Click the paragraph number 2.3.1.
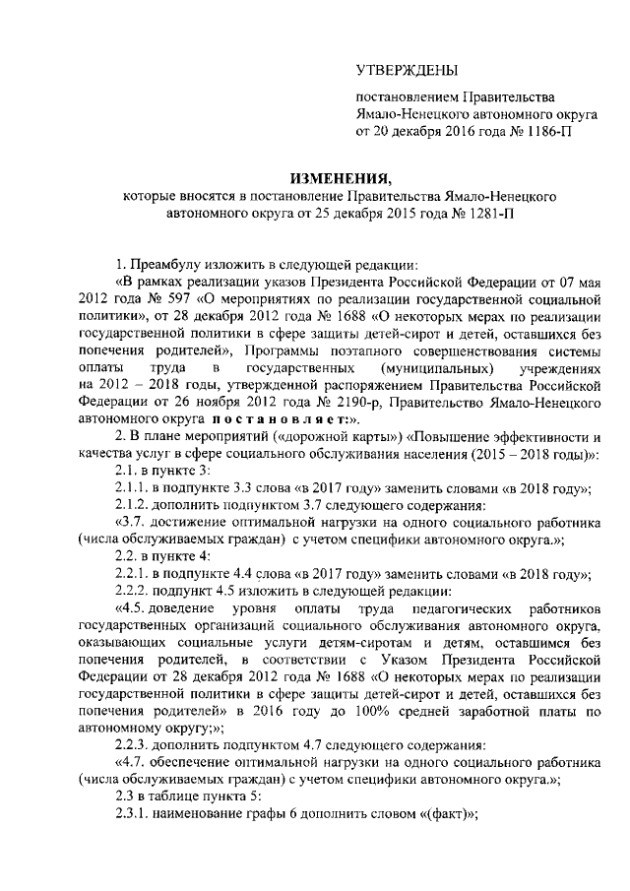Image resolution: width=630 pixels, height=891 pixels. tap(132, 832)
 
